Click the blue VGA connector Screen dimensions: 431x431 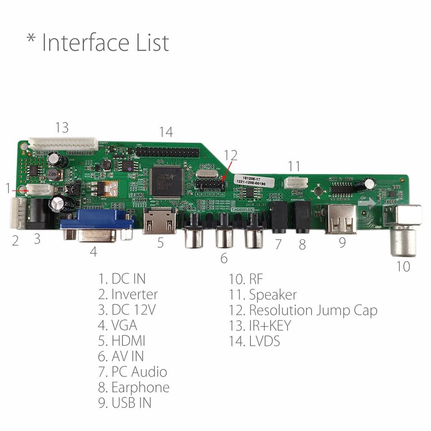pos(97,222)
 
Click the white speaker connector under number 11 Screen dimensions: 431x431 pos(297,182)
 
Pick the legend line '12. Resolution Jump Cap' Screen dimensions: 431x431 pos(303,310)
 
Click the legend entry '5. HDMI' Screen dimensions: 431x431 pos(122,341)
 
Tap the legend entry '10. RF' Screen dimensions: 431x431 pos(243,279)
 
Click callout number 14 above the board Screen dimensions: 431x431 pos(166,132)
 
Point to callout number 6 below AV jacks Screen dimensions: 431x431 pos(224,259)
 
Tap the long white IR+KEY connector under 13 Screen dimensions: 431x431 pos(62,142)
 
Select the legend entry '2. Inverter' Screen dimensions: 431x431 pos(128,295)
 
